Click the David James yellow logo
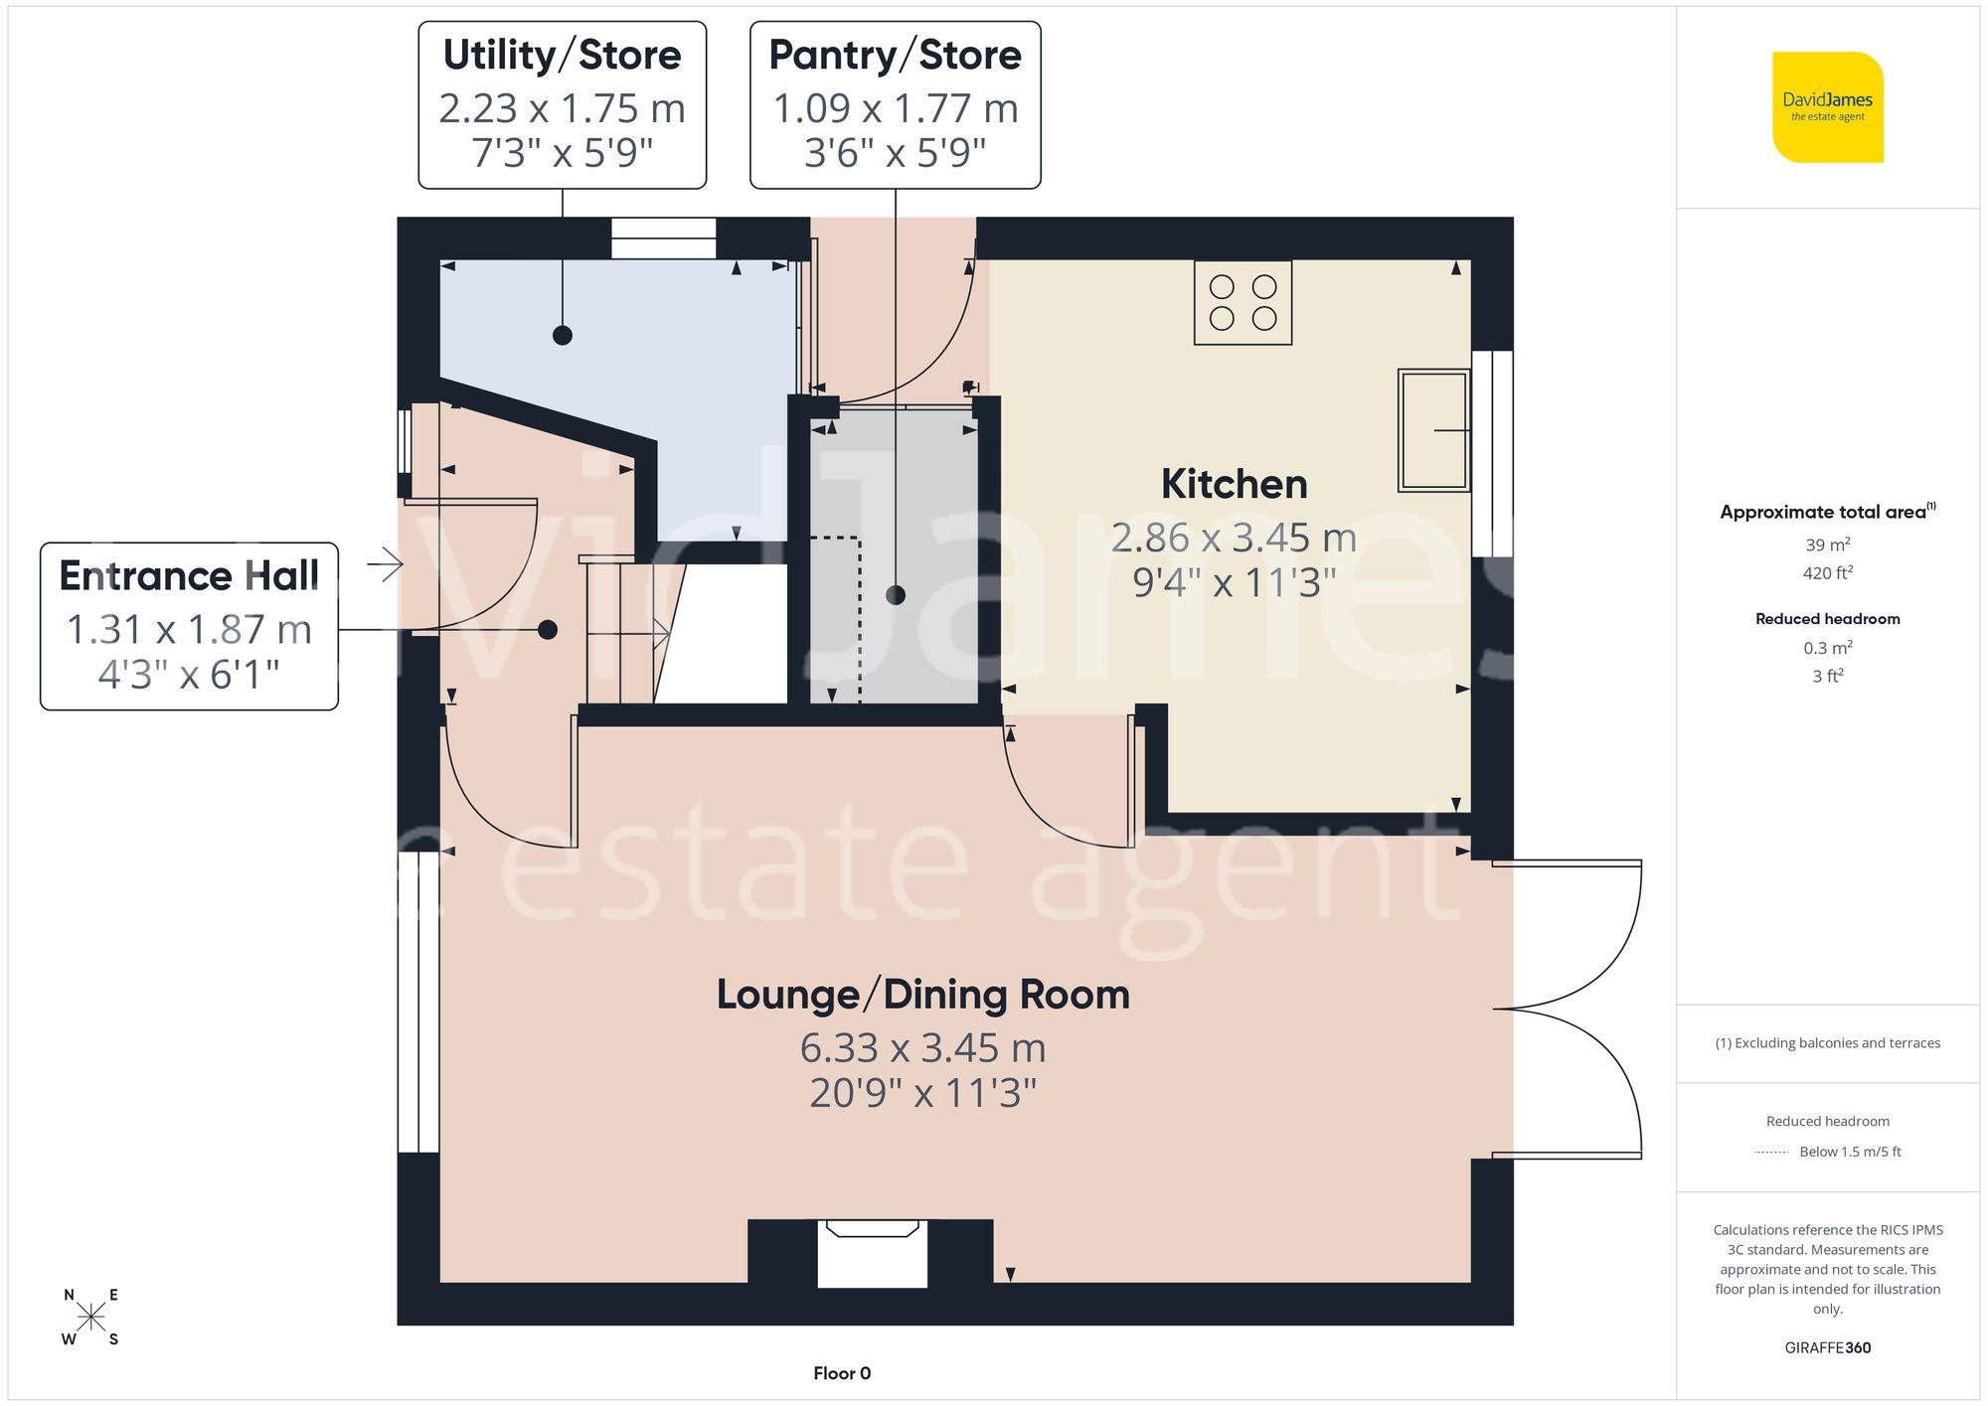click(x=1827, y=107)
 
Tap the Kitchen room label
click(x=1234, y=484)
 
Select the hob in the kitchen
click(x=1242, y=303)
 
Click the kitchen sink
click(x=1433, y=430)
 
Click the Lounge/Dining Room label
click(x=922, y=995)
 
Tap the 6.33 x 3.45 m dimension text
click(x=922, y=1048)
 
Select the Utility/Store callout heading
click(x=562, y=55)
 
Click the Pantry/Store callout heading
click(x=895, y=55)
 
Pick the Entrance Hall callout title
click(x=189, y=575)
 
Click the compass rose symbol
click(x=90, y=1318)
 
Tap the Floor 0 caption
click(x=841, y=1373)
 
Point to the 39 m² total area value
click(x=1827, y=545)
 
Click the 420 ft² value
click(x=1827, y=573)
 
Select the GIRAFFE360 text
click(x=1827, y=1348)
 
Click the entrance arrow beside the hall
click(x=386, y=565)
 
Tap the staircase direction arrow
click(x=659, y=633)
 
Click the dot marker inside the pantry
click(x=896, y=595)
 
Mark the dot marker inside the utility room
click(x=563, y=335)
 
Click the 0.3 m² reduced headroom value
click(x=1827, y=648)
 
